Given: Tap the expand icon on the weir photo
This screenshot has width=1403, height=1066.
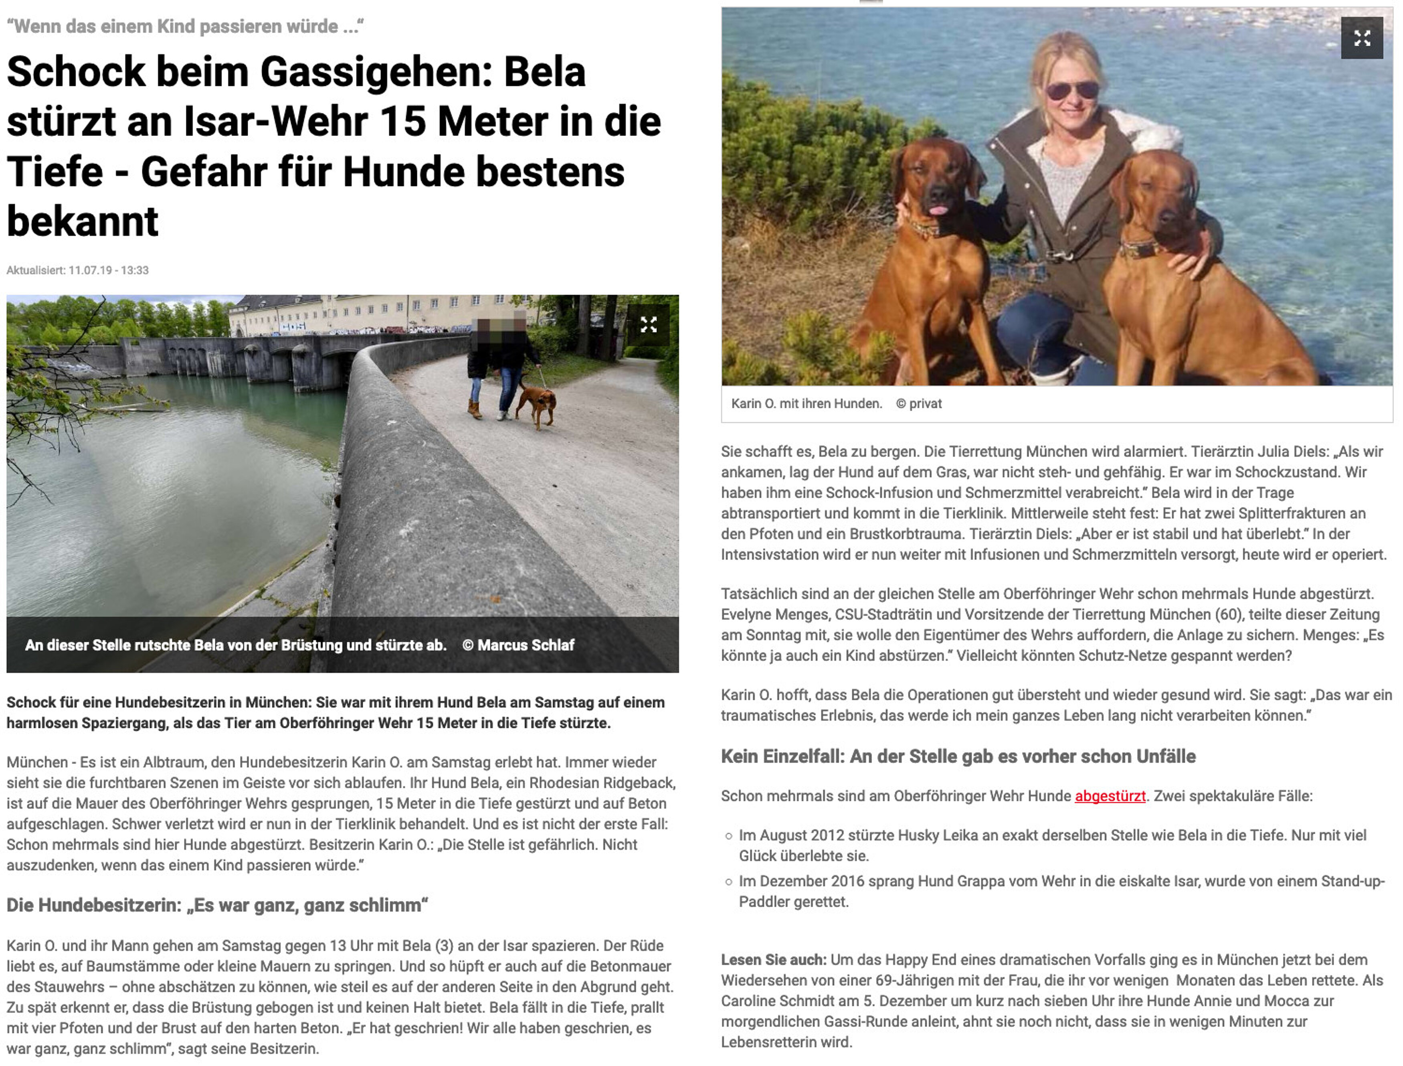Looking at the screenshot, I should [x=648, y=325].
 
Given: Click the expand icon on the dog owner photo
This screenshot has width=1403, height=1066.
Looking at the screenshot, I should [x=1362, y=38].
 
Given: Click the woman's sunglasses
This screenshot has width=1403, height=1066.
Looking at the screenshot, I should [x=1072, y=90].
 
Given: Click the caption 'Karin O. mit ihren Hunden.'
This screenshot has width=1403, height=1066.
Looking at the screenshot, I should [x=806, y=403].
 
